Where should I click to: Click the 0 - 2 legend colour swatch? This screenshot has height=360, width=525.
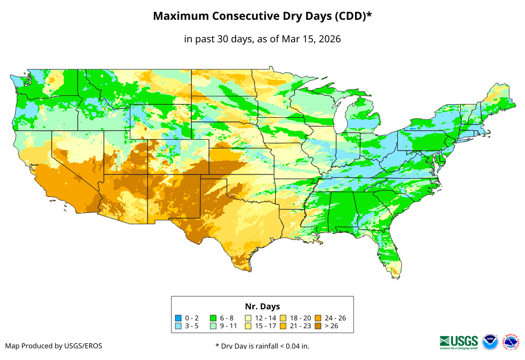179,318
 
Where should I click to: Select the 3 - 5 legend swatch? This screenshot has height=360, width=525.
179,326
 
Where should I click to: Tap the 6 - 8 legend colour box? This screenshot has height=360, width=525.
214,318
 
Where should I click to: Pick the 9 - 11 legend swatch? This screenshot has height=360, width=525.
214,326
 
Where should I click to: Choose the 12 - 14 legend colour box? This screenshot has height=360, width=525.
249,318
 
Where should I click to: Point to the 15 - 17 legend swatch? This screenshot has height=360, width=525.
249,326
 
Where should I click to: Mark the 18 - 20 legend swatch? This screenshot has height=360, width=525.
283,318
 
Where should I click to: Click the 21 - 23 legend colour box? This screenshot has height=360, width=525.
283,326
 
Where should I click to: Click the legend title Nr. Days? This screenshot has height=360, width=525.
262,306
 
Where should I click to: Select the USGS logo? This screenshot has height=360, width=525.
459,342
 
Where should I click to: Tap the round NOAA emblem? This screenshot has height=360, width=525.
490,342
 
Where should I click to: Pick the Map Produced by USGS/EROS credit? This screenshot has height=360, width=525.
54,346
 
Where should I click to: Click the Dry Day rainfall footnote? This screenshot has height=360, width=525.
266,346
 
